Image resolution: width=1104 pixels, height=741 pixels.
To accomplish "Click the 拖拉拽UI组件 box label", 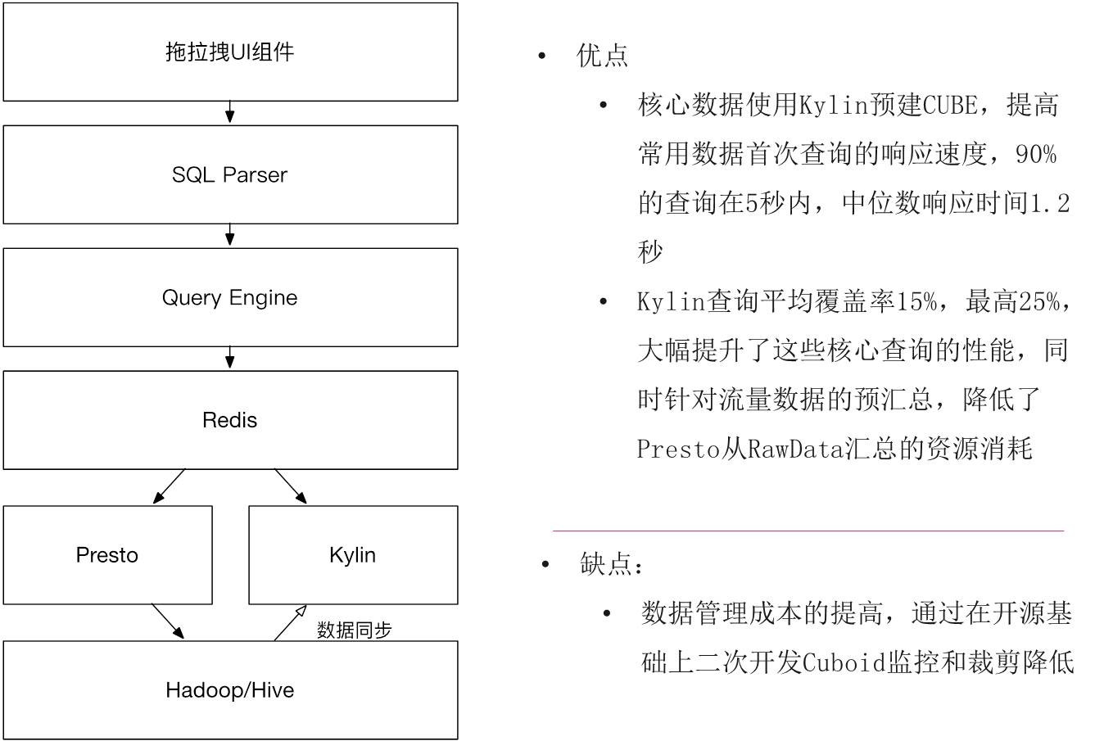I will point(229,52).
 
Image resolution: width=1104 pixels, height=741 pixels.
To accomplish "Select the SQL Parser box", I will point(229,174).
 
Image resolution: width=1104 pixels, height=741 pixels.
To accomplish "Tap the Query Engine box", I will point(229,297).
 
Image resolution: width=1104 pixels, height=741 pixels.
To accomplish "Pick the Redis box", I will point(229,420).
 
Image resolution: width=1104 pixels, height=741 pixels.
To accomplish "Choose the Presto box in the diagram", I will point(107,555).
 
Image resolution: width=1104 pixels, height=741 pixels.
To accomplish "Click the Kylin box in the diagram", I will point(352,555).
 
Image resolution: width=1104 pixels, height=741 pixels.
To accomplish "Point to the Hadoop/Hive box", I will point(229,690).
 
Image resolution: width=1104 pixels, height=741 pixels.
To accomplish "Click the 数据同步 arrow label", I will point(354,630).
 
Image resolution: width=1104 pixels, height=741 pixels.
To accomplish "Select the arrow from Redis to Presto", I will point(169,486).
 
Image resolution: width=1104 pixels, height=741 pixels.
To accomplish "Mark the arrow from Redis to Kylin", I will point(291,486).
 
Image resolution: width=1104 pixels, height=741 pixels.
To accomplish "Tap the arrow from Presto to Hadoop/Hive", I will point(168,622).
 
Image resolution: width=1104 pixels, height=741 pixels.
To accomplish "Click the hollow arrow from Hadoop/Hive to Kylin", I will point(291,622).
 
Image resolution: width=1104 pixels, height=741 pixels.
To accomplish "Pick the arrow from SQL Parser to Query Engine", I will point(230,236).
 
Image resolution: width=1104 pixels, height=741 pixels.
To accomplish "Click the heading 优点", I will point(603,56).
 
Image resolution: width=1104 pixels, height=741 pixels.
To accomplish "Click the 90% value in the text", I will point(1036,154).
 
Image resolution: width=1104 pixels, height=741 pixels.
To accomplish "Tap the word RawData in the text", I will point(795,449).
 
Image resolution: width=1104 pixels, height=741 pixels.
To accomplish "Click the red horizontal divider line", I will point(808,531).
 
